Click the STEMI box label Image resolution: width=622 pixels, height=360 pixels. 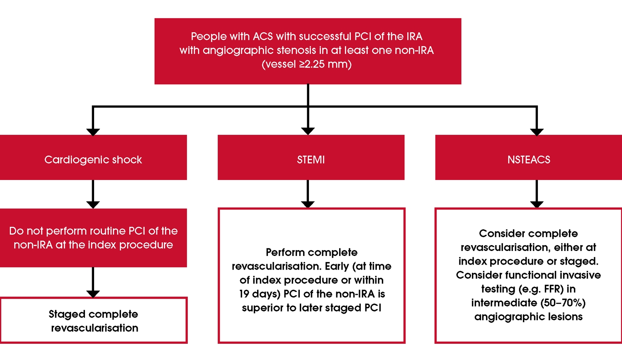click(311, 160)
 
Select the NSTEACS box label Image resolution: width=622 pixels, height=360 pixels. click(529, 160)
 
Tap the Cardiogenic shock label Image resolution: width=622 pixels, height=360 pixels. click(93, 160)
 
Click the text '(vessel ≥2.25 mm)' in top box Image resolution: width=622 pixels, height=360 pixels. click(306, 64)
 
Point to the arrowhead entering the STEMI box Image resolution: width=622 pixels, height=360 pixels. click(308, 131)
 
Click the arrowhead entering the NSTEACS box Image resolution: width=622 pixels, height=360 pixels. click(537, 131)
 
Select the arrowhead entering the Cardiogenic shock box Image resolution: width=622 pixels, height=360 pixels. click(93, 131)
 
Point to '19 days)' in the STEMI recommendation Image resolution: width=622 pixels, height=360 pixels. click(259, 294)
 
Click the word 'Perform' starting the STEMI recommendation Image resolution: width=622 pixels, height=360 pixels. click(283, 252)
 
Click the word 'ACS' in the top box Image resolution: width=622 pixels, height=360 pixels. click(263, 36)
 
